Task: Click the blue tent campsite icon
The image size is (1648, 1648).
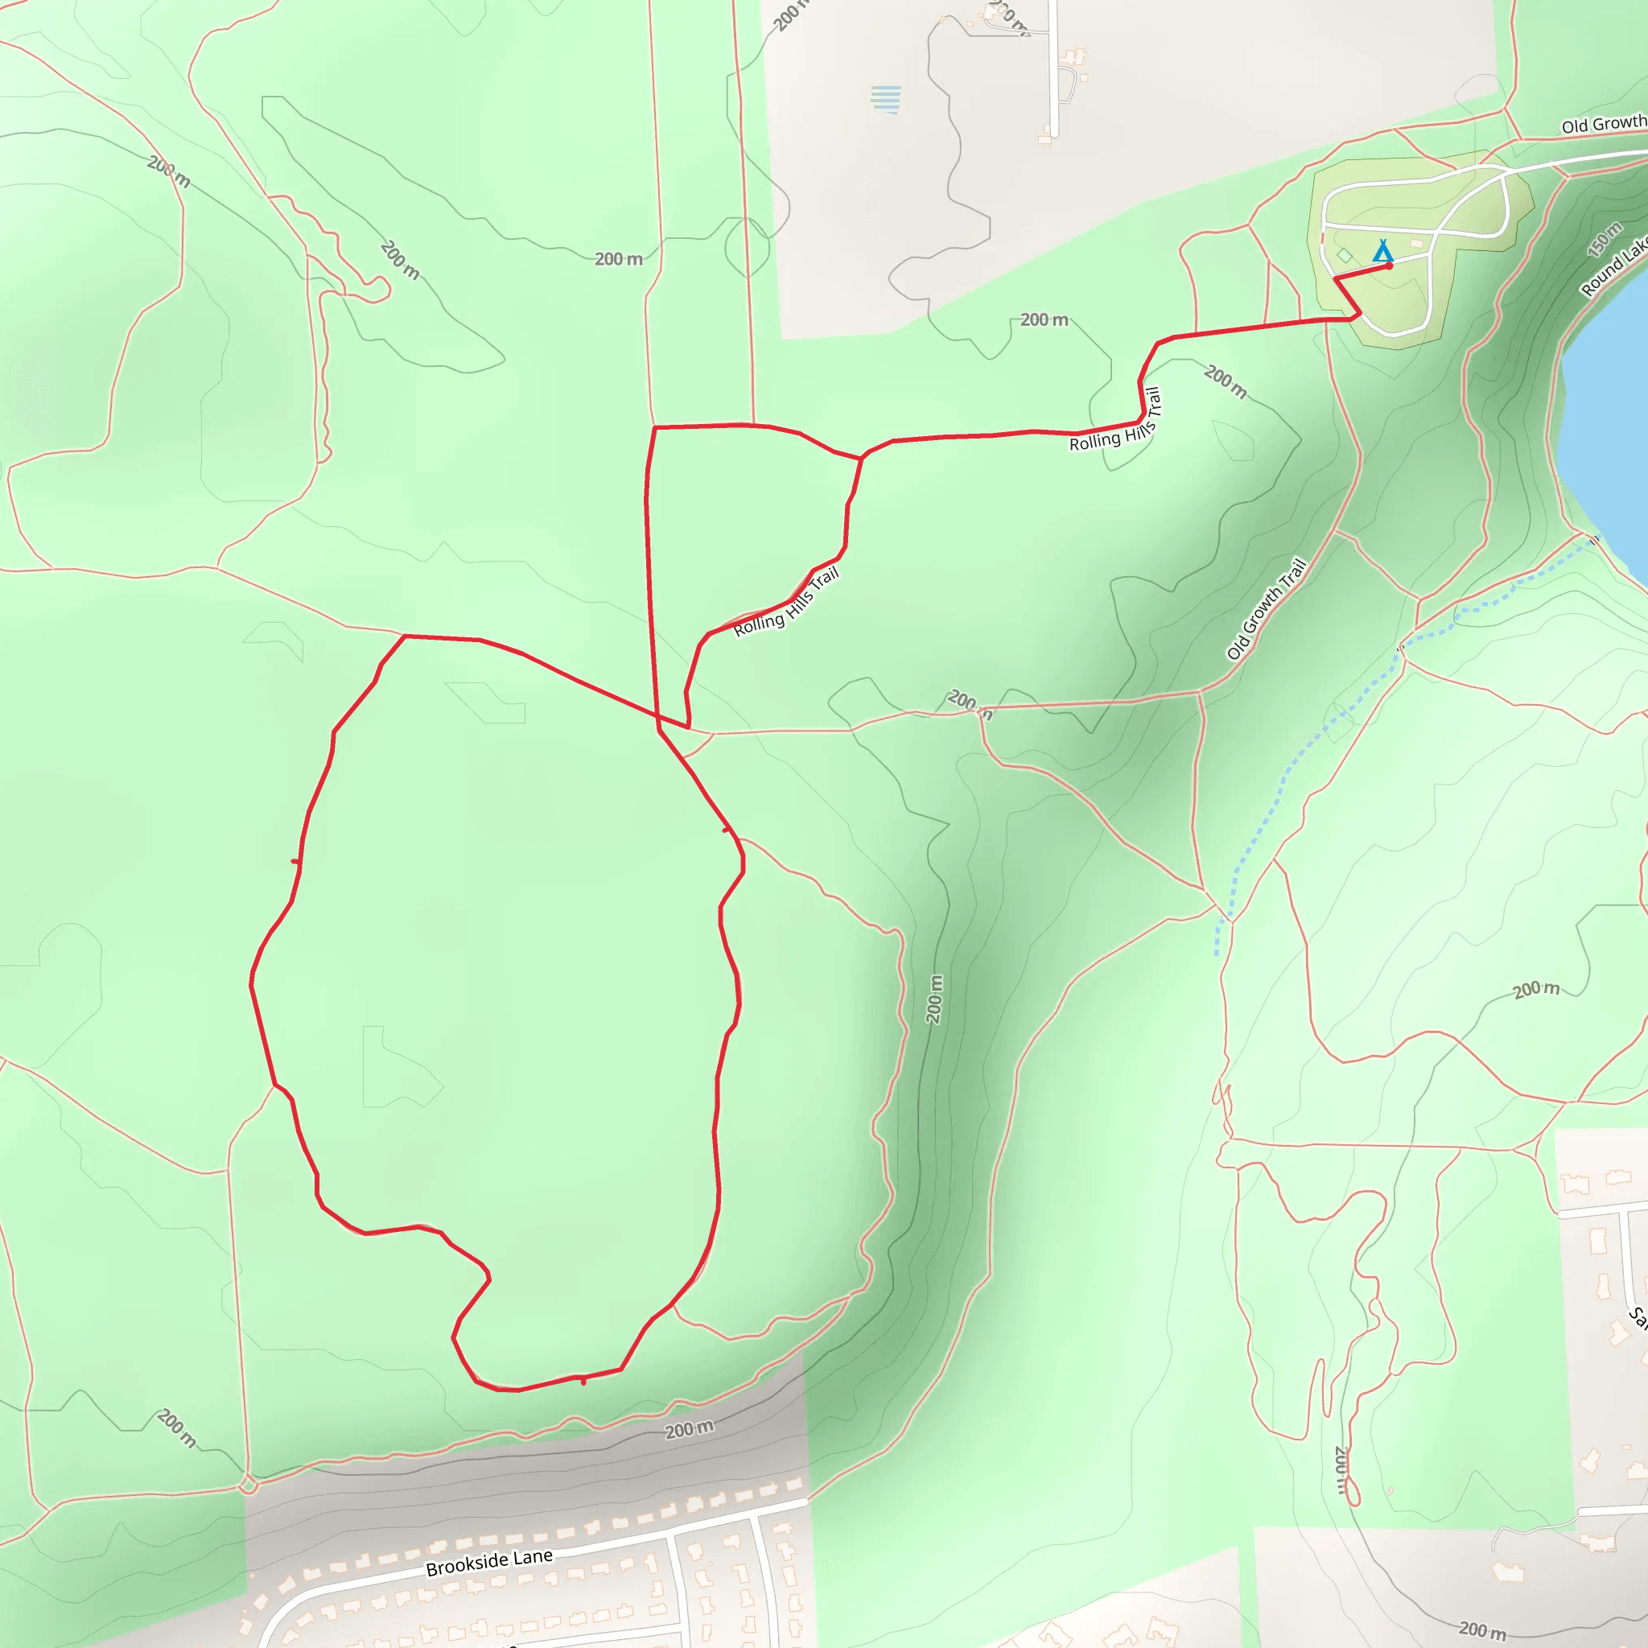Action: [1382, 252]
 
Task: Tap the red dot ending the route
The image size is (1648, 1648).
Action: [1390, 266]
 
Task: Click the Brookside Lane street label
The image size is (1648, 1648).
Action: [489, 1562]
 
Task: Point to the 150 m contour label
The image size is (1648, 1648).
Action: [1605, 240]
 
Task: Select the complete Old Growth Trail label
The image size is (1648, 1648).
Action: [1267, 609]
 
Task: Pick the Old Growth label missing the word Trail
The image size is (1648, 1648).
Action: [1603, 125]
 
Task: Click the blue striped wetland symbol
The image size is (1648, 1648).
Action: [886, 98]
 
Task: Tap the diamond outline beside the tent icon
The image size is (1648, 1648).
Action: [1345, 255]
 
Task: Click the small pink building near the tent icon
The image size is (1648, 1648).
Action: [1416, 244]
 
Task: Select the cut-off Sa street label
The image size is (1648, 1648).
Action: [1638, 1318]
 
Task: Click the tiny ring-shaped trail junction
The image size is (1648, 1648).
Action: [248, 1487]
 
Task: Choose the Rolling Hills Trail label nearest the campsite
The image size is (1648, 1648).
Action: [1117, 420]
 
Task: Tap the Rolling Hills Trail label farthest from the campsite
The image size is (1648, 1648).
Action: [786, 603]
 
